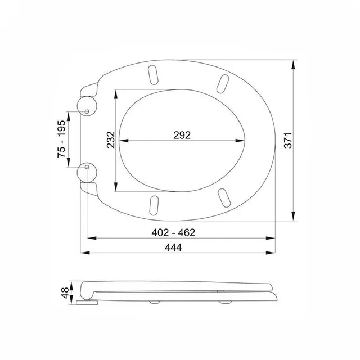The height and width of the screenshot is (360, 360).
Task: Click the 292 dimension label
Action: [182, 135]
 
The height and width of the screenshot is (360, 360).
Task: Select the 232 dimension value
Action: [111, 139]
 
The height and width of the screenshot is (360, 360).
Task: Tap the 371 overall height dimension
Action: [288, 140]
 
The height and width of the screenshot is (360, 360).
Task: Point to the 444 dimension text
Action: [173, 247]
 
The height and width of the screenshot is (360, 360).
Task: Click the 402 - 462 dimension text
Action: [173, 232]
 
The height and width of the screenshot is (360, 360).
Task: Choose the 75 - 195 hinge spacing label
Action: [61, 139]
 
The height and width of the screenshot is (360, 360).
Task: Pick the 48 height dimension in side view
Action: [65, 292]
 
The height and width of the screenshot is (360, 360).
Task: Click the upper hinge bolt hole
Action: [87, 111]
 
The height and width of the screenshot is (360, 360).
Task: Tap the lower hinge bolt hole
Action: [87, 167]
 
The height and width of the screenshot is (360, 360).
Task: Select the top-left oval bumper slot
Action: [153, 75]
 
